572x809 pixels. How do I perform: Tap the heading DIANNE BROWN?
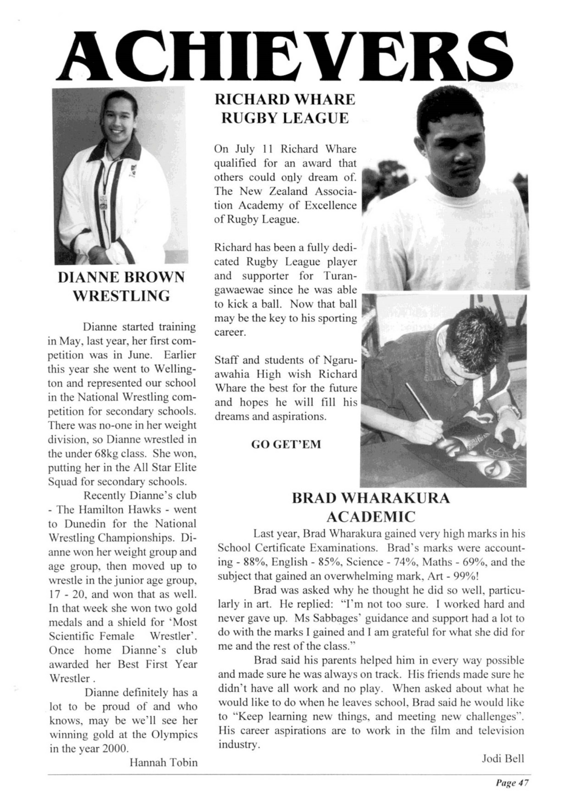point(121,277)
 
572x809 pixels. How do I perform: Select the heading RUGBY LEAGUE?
point(286,118)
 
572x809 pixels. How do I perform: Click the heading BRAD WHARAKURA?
point(371,498)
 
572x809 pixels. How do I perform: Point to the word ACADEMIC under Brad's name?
point(371,517)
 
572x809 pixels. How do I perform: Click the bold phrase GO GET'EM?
point(286,445)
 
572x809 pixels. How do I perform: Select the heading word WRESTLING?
point(121,296)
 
